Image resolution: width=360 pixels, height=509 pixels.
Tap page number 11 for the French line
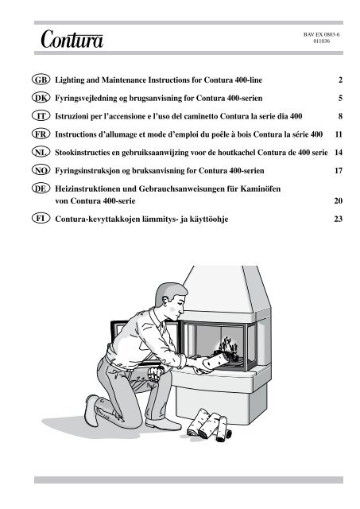pyautogui.click(x=337, y=134)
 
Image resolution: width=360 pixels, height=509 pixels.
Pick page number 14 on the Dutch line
pyautogui.click(x=337, y=151)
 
